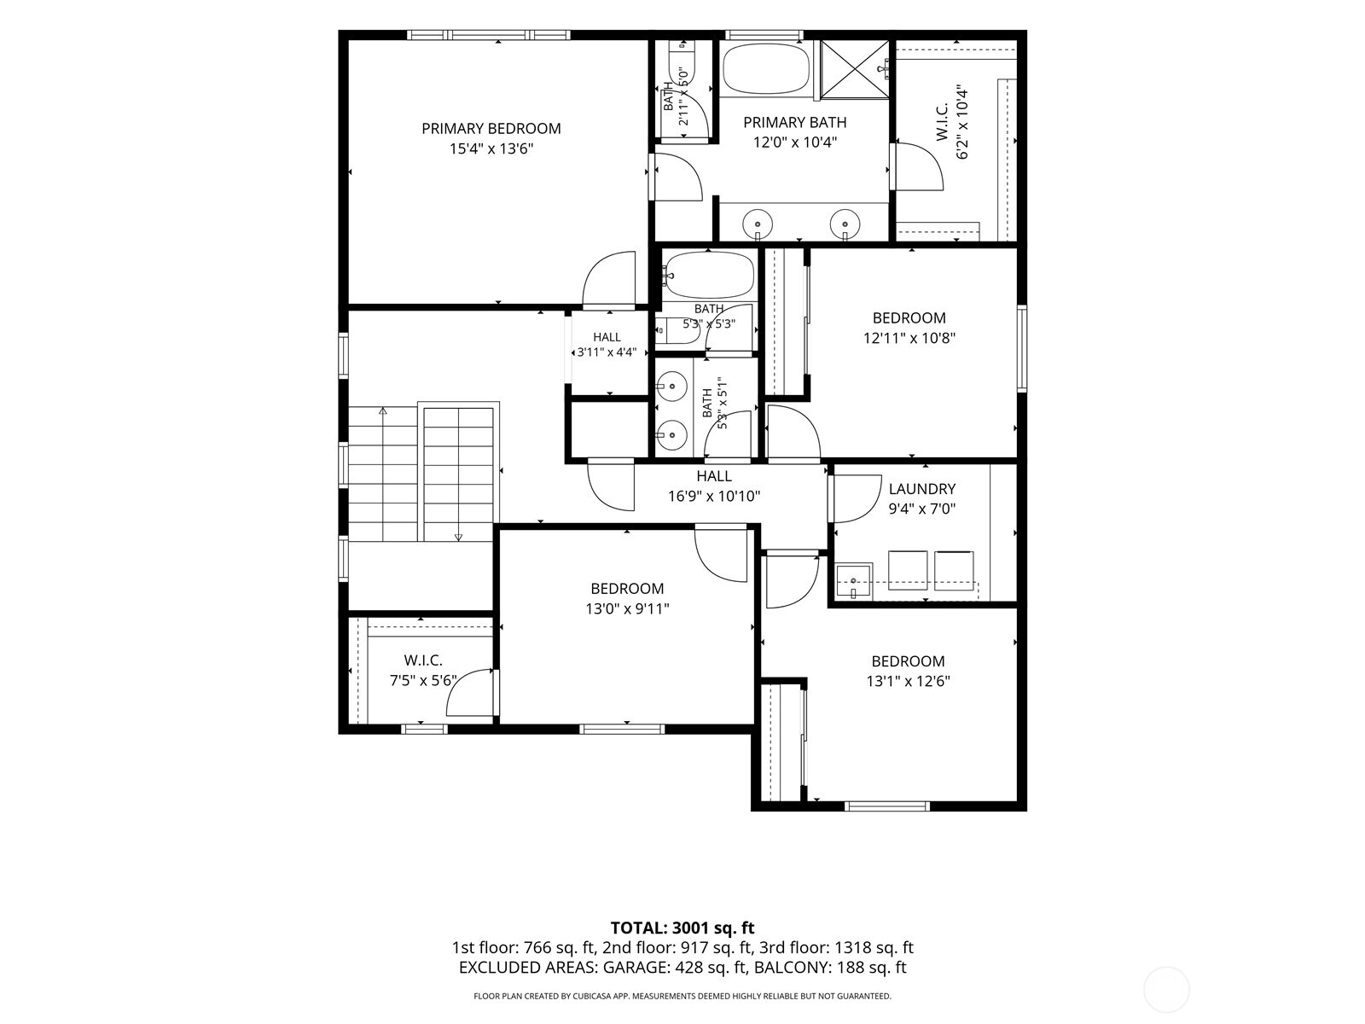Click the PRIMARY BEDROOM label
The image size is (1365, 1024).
pyautogui.click(x=491, y=129)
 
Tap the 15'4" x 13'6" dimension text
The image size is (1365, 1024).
pyautogui.click(x=491, y=149)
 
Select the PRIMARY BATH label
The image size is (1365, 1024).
pyautogui.click(x=795, y=123)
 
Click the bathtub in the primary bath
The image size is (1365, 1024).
pyautogui.click(x=766, y=67)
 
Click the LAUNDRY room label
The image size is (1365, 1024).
pyautogui.click(x=921, y=489)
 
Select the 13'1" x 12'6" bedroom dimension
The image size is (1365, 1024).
pyautogui.click(x=908, y=682)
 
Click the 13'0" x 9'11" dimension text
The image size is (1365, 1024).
pyautogui.click(x=627, y=608)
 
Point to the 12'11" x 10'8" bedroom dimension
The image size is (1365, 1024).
pyautogui.click(x=909, y=338)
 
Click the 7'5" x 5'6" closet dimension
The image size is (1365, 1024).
pyautogui.click(x=423, y=681)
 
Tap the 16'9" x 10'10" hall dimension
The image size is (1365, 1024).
pyautogui.click(x=714, y=496)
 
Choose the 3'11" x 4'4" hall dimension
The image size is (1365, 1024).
pyautogui.click(x=607, y=352)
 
